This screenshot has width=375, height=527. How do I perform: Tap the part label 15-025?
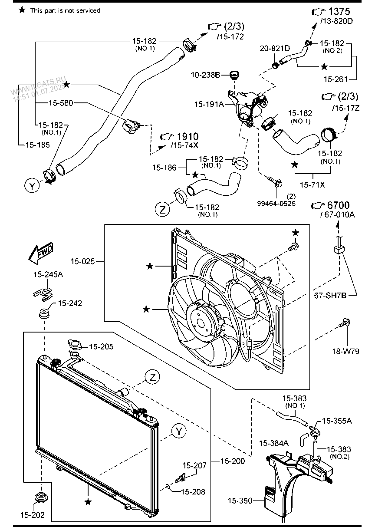(82, 261)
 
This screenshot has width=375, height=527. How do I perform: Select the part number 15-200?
(233, 461)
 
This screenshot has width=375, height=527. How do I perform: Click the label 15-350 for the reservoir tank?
(240, 501)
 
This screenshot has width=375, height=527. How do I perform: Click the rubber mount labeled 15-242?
(44, 313)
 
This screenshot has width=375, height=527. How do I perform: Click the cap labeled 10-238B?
(234, 75)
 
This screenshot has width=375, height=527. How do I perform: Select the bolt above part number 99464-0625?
(275, 181)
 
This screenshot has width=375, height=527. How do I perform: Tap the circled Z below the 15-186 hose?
(162, 209)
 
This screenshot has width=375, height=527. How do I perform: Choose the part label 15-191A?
(209, 104)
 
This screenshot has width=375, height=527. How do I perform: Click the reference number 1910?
(187, 136)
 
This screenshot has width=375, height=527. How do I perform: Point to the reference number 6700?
(338, 205)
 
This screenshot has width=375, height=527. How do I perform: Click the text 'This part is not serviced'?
(65, 10)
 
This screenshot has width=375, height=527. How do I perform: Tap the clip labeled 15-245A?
(43, 294)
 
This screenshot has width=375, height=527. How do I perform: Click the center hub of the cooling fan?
(200, 323)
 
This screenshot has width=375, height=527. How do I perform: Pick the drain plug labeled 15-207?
(180, 478)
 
